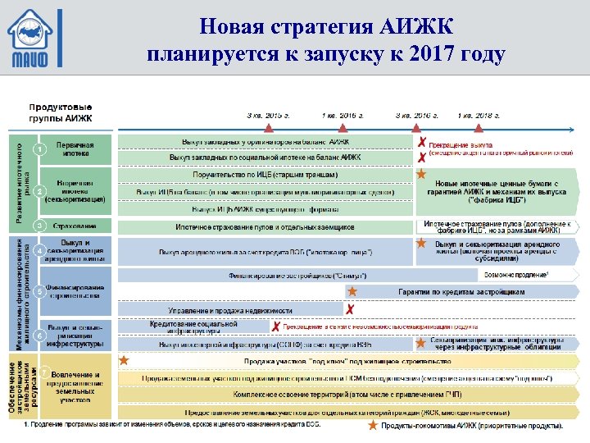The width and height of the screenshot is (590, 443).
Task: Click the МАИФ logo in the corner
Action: (x=34, y=39)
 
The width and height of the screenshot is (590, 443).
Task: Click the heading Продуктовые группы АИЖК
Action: (x=61, y=113)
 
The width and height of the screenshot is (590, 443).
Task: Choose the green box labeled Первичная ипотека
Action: (x=75, y=148)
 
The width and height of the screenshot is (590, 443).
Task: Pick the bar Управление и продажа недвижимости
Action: (x=230, y=311)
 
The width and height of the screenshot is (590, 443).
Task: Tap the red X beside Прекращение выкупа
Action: (x=421, y=143)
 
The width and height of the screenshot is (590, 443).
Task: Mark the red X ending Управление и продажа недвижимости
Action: (x=350, y=310)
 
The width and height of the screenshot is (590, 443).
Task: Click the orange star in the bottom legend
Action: (x=373, y=425)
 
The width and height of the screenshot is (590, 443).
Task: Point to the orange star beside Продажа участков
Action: (x=124, y=359)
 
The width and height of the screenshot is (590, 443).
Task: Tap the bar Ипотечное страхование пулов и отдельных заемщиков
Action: (x=265, y=226)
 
